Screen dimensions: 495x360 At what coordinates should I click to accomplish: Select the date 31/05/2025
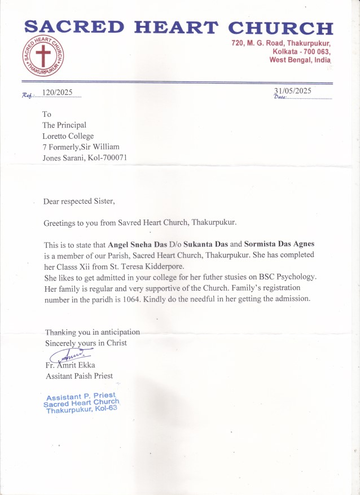click(292, 90)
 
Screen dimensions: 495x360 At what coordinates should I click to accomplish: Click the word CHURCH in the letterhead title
click(280, 28)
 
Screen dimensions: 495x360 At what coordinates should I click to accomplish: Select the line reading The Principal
click(64, 125)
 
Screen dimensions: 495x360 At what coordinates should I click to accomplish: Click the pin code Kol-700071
click(105, 157)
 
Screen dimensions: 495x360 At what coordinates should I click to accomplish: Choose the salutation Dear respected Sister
click(82, 201)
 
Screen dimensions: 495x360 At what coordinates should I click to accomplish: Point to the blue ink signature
click(71, 356)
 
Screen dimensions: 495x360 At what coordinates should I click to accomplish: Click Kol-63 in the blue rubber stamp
click(104, 409)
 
